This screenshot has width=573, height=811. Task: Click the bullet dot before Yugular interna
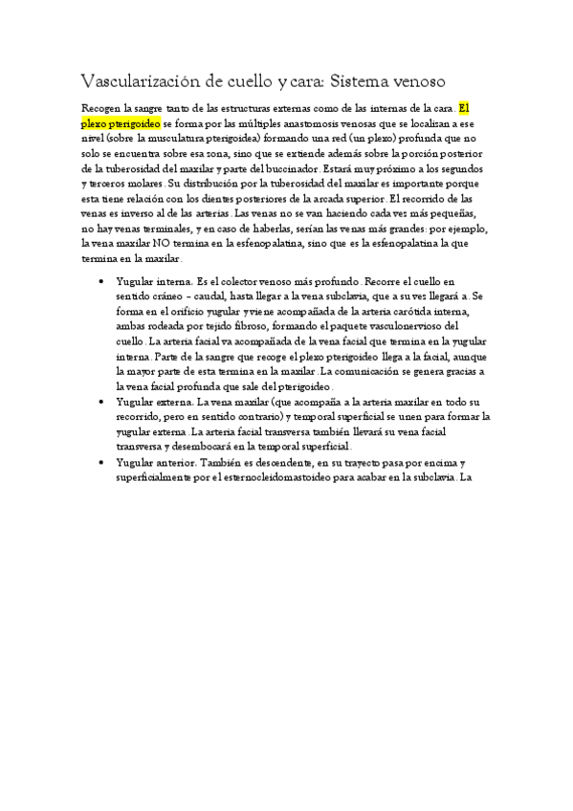point(101,283)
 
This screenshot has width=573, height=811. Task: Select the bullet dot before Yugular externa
point(101,403)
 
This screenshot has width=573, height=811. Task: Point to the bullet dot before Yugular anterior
point(101,462)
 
